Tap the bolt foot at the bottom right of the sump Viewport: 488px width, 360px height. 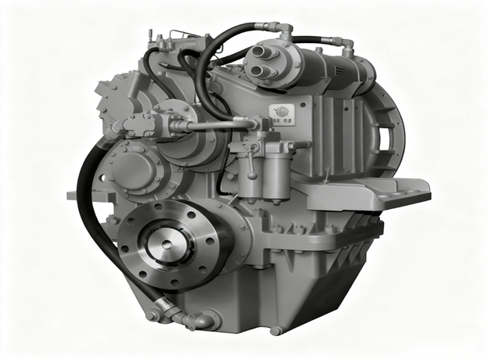coord(275,329)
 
